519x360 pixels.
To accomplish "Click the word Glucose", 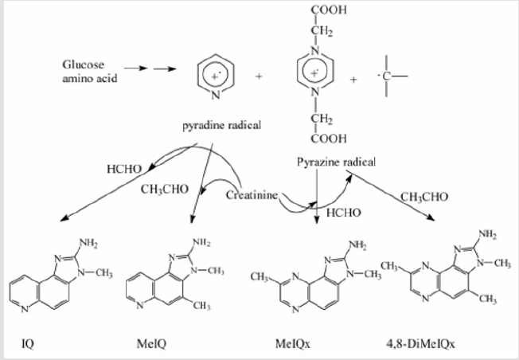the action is (83, 65).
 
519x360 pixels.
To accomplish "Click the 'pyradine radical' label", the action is (222, 126).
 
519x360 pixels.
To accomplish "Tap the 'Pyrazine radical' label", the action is (336, 162).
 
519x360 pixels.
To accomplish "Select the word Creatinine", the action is (252, 195).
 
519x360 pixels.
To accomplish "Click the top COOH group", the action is (329, 10).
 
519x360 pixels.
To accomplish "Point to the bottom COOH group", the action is (329, 138).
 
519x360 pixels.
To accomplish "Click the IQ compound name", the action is (28, 344).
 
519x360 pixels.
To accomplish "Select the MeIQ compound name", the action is (151, 344).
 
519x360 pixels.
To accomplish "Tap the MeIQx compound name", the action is (293, 344).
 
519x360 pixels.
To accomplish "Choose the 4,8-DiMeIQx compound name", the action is (420, 344).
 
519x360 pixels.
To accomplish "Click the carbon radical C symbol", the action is (386, 76).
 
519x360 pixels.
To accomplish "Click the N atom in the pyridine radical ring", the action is (216, 96).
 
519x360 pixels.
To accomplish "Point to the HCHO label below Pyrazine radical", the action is (344, 213).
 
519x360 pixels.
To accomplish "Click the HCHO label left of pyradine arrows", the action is (124, 169).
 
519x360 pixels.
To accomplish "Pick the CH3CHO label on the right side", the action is (424, 197).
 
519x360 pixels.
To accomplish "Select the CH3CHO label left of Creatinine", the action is (165, 190).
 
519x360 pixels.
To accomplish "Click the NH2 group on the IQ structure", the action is (88, 243).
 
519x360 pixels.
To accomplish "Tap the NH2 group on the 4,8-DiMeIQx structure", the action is (487, 234).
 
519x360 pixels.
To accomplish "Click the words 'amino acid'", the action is (90, 79).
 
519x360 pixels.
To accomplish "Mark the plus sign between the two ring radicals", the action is (259, 76).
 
